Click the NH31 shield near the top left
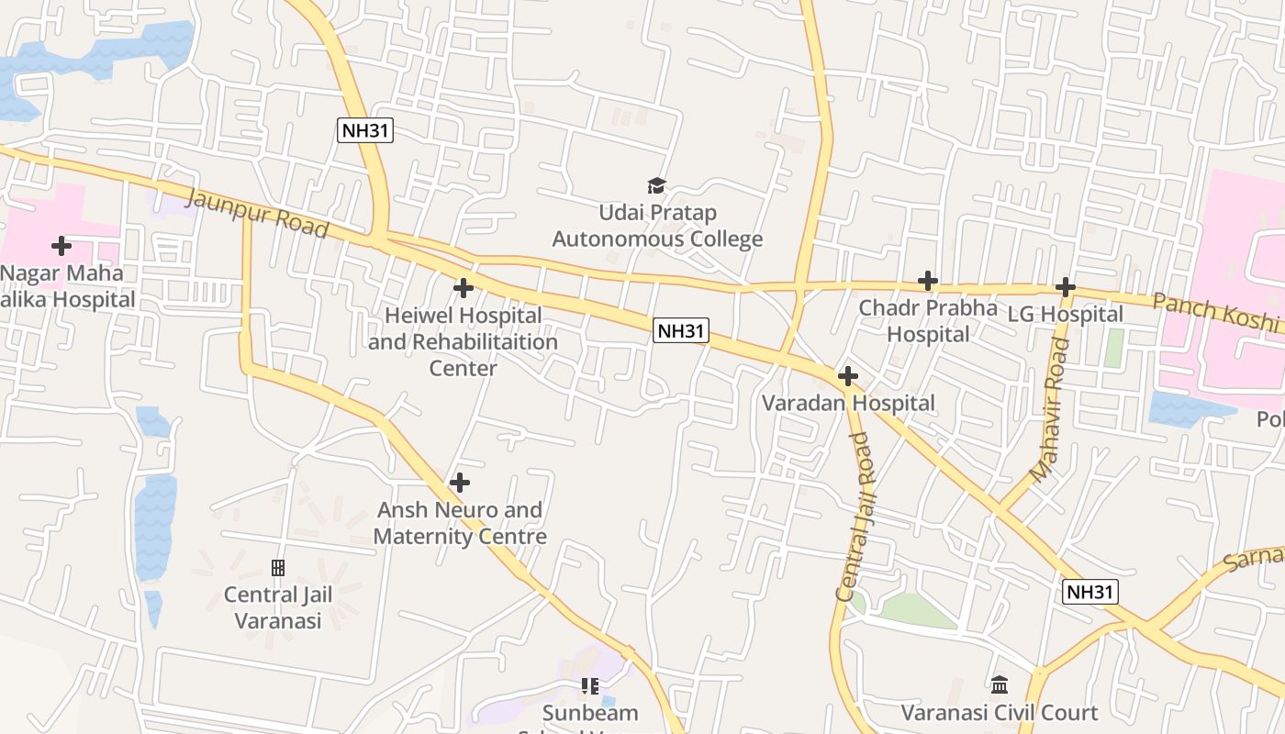[365, 130]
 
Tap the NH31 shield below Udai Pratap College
[681, 330]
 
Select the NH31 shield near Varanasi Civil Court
[1090, 592]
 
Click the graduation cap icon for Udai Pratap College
[656, 186]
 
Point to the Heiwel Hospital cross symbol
[464, 288]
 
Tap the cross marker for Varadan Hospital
[848, 375]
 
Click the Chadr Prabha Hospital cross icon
[928, 281]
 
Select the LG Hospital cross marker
[1065, 287]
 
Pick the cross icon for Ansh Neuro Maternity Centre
[460, 483]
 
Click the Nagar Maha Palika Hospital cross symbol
[61, 246]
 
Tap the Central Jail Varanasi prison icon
[278, 568]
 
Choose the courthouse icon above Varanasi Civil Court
[1000, 685]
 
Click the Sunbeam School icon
[589, 685]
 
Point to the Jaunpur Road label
[257, 214]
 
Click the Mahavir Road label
[1051, 410]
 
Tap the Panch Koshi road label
[1216, 312]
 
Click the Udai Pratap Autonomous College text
[657, 227]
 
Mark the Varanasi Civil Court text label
[1000, 713]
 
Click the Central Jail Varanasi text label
[278, 607]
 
